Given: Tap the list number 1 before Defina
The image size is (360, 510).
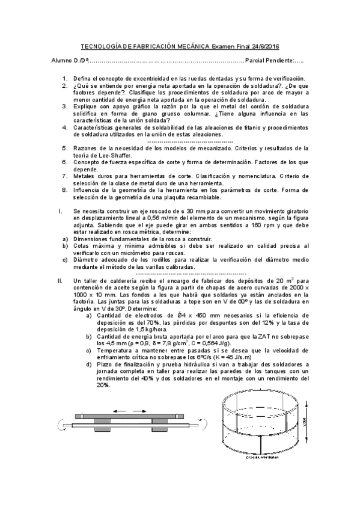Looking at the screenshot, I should (x=65, y=79).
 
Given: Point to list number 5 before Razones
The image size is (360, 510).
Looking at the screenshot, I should (x=65, y=148).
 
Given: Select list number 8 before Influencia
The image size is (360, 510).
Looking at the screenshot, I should (x=65, y=190).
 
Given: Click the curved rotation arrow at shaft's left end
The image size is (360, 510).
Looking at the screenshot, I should (x=60, y=425).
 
